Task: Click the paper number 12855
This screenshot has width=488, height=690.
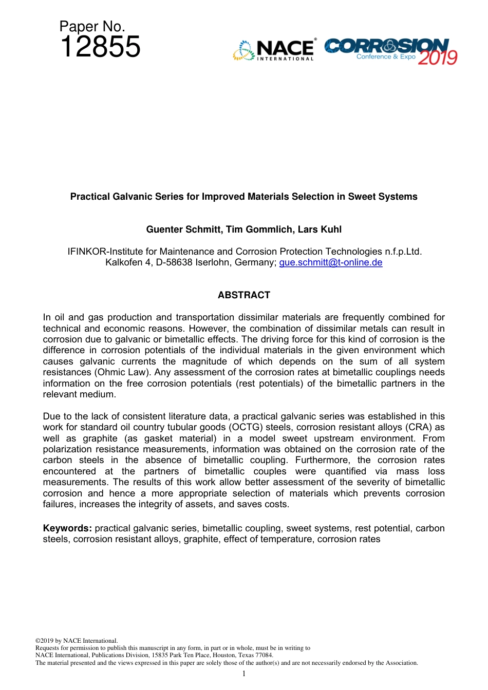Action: point(100,47)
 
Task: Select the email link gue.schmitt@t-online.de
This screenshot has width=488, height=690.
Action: point(330,262)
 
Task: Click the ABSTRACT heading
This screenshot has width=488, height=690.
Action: point(243,295)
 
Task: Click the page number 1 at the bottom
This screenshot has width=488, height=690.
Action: point(244,674)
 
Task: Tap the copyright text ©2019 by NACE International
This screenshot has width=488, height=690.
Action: point(77,641)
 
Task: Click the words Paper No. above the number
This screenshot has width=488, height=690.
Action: point(92,27)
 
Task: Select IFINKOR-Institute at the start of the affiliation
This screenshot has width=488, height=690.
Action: point(105,252)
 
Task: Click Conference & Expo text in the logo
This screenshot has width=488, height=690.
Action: point(386,56)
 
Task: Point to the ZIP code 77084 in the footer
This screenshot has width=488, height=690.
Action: point(265,655)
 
